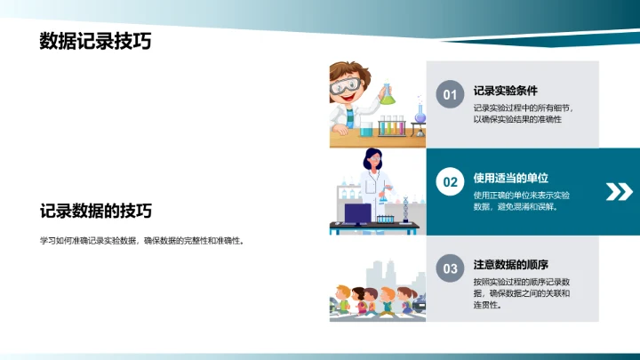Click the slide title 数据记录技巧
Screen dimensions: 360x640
tap(95, 42)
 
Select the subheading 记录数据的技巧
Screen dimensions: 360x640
tap(95, 212)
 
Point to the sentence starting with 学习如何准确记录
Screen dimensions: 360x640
tap(141, 240)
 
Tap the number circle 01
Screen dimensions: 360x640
tap(450, 95)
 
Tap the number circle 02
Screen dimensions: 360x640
tap(450, 182)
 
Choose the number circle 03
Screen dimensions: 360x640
tap(450, 268)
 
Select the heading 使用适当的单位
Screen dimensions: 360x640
tap(506, 177)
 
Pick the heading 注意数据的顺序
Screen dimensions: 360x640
tap(510, 264)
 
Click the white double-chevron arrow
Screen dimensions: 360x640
tap(618, 191)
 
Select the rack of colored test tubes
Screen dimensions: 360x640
tap(394, 125)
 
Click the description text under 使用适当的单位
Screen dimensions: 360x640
tap(521, 200)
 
